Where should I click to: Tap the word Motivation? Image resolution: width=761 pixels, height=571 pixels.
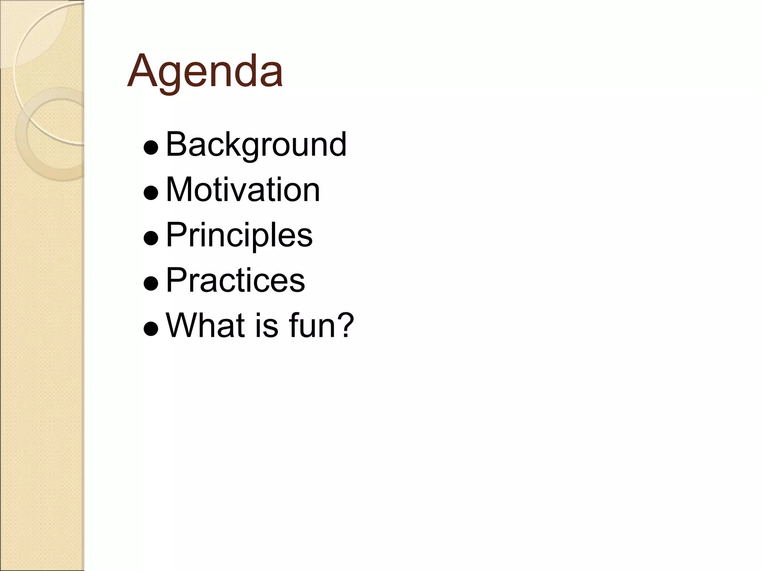[x=243, y=190]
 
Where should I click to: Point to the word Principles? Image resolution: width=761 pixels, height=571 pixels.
[x=239, y=235]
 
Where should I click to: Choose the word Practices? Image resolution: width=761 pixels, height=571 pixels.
[x=235, y=280]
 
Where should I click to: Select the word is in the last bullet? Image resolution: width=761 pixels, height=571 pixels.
[x=266, y=325]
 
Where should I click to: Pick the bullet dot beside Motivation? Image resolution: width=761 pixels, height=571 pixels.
[x=151, y=193]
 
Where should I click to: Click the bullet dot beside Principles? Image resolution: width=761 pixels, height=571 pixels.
[x=151, y=238]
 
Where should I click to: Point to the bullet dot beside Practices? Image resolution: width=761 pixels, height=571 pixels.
[x=151, y=283]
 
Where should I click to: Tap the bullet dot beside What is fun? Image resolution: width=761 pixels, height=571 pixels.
[x=151, y=329]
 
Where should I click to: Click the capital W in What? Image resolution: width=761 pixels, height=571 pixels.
[x=182, y=325]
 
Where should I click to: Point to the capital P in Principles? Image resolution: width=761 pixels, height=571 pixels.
[x=175, y=235]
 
